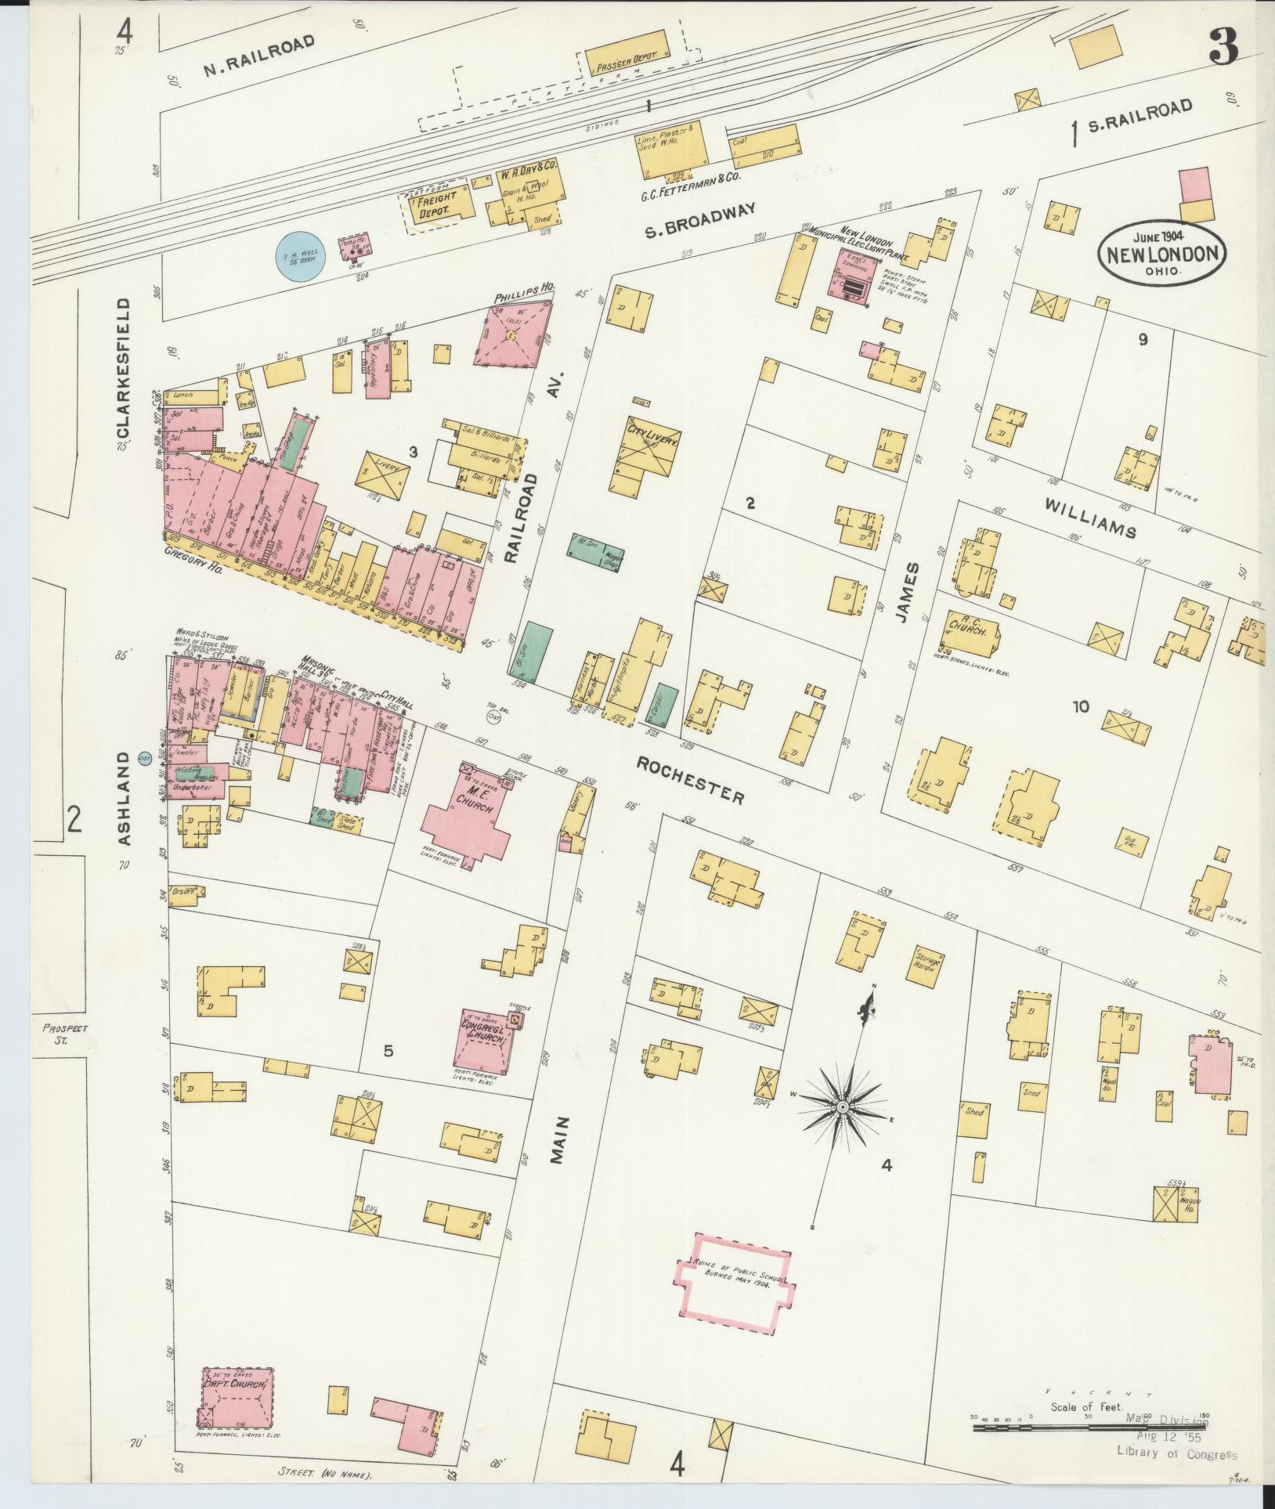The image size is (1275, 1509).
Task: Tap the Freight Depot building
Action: [439, 205]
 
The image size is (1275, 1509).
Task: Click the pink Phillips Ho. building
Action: [514, 334]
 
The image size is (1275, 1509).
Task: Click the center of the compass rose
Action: [842, 1106]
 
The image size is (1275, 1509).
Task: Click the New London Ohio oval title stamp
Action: [1161, 254]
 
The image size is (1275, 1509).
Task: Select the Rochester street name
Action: [690, 779]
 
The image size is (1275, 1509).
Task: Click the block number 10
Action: [1081, 707]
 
